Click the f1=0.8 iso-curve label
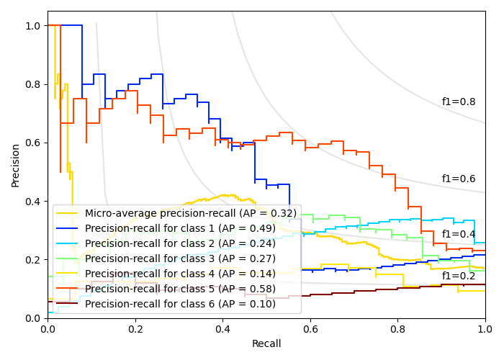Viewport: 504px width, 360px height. [x=459, y=102]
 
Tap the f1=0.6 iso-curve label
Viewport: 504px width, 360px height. [x=459, y=179]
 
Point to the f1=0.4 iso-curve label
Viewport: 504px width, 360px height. [x=459, y=235]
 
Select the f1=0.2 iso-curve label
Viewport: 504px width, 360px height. [x=459, y=276]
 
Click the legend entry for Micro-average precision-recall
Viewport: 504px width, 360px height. [x=190, y=213]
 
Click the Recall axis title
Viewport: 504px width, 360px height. [x=266, y=344]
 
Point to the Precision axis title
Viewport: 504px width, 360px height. [x=16, y=164]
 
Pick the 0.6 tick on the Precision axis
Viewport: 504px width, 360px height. [x=33, y=143]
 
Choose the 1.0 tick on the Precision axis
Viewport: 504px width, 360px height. [x=33, y=26]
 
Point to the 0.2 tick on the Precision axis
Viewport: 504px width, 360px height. [x=33, y=259]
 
